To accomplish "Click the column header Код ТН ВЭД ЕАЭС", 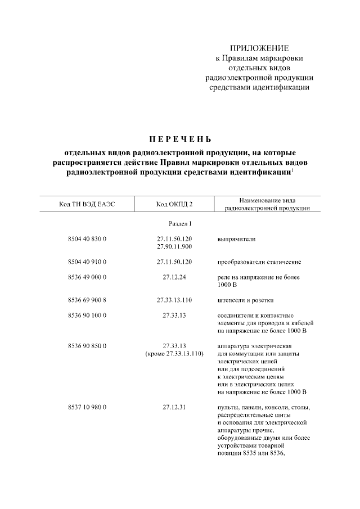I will [87, 204].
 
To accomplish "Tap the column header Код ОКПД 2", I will [174, 204].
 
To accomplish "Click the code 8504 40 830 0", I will [87, 239].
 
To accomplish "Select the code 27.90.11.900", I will [174, 246].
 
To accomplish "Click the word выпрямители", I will [236, 239].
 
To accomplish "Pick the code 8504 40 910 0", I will [87, 262].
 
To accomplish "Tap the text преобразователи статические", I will [259, 262].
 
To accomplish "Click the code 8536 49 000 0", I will [87, 277].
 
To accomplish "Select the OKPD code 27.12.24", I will [174, 277].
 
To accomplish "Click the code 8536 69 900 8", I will [87, 300].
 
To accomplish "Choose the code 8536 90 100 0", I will [87, 316].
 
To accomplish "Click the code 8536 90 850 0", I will [87, 346].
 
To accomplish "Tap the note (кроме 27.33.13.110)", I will [174, 353].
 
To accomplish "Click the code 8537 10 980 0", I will [87, 407].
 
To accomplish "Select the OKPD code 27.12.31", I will [174, 407].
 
